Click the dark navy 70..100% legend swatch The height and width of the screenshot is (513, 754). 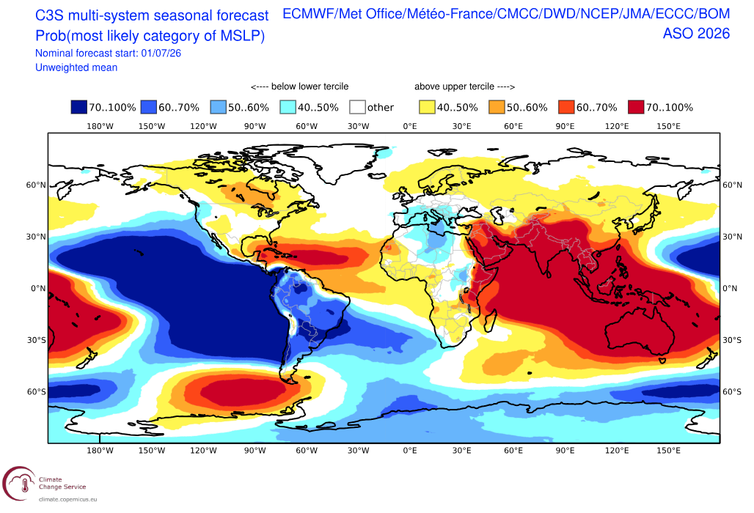coord(79,107)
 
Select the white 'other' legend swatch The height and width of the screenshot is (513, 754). coord(357,107)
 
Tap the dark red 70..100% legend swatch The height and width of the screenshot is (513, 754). coord(636,107)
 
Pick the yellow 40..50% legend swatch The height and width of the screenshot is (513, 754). coord(427,107)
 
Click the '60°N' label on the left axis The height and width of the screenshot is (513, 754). coord(36,185)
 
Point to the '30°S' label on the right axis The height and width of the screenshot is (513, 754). coord(732,340)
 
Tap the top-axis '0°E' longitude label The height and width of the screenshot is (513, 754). coord(410,126)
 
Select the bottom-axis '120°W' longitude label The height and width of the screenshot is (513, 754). coord(203,451)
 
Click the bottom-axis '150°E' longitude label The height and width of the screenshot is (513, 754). coord(668,451)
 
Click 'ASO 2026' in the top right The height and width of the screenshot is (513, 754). coord(696,34)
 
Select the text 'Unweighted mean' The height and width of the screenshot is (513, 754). coord(76,67)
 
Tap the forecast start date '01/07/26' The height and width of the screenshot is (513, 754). coord(161,53)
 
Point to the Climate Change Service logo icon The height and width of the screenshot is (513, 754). coord(19,483)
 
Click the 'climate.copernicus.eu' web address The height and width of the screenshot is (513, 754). coord(67,500)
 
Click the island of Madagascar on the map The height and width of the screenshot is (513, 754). coord(490,321)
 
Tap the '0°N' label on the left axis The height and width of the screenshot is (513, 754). coord(38,289)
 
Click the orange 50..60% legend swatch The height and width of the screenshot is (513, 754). coord(497,107)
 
